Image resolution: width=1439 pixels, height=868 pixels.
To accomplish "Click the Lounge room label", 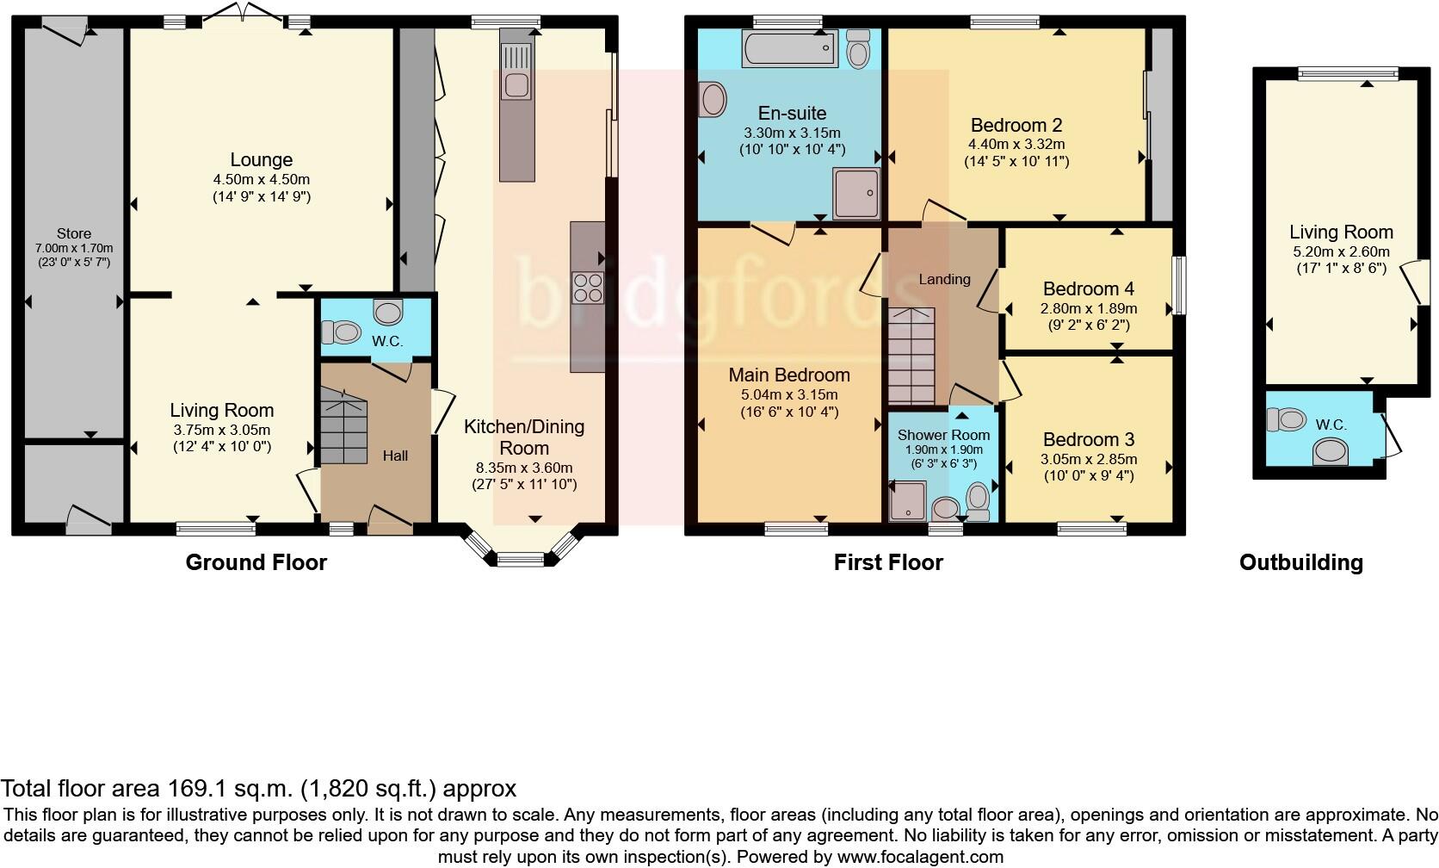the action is tap(262, 159).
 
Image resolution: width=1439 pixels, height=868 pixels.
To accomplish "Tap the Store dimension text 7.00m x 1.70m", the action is tap(74, 248).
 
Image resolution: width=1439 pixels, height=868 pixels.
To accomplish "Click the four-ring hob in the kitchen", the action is tap(588, 288).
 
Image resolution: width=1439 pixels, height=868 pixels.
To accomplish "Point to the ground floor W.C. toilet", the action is tap(341, 332).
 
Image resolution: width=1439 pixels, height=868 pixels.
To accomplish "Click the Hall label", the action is tap(395, 456).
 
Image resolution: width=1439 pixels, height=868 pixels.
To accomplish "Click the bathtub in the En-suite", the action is tap(790, 48).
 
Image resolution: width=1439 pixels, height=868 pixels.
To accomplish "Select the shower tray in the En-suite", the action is tap(856, 194).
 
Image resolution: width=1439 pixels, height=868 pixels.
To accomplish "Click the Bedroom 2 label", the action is tap(1016, 125).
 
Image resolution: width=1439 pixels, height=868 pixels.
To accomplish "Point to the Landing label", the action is tap(944, 279).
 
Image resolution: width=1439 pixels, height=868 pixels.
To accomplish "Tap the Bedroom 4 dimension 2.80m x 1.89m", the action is tap(1089, 308).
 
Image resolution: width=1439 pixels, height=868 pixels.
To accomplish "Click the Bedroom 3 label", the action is tap(1089, 440).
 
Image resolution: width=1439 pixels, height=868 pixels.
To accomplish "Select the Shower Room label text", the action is tap(944, 435).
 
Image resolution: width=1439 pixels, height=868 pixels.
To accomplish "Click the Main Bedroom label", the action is tap(789, 375).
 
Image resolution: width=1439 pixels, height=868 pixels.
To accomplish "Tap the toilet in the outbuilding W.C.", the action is tap(1287, 420).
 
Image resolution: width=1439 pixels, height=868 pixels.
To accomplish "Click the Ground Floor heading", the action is tap(256, 562).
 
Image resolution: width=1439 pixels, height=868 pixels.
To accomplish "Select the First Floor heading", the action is tap(888, 562).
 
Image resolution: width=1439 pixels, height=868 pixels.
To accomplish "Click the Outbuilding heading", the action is tap(1301, 562).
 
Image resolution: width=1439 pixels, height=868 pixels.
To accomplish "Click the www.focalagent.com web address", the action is tap(921, 857).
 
